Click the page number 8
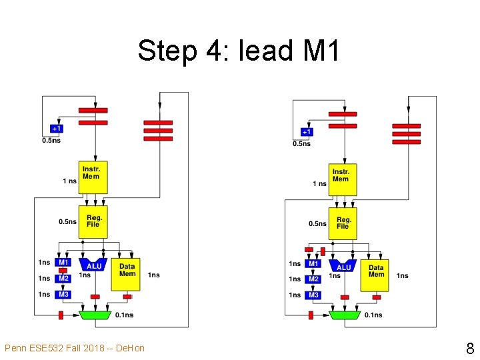coord(470,348)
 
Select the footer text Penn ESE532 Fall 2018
coord(74,348)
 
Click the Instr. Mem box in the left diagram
coord(93,177)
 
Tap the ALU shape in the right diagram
coord(343,266)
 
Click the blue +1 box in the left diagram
coord(58,128)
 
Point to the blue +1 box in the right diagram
coord(307,132)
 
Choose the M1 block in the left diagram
coord(63,262)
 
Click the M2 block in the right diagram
coord(313,279)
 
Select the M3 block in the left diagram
coord(63,294)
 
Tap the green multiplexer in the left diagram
coord(95,314)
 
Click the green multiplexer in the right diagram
coord(345,314)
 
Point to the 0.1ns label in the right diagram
coord(373,315)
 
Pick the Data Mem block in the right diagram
coord(375,274)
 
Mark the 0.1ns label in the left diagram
coord(124,315)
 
